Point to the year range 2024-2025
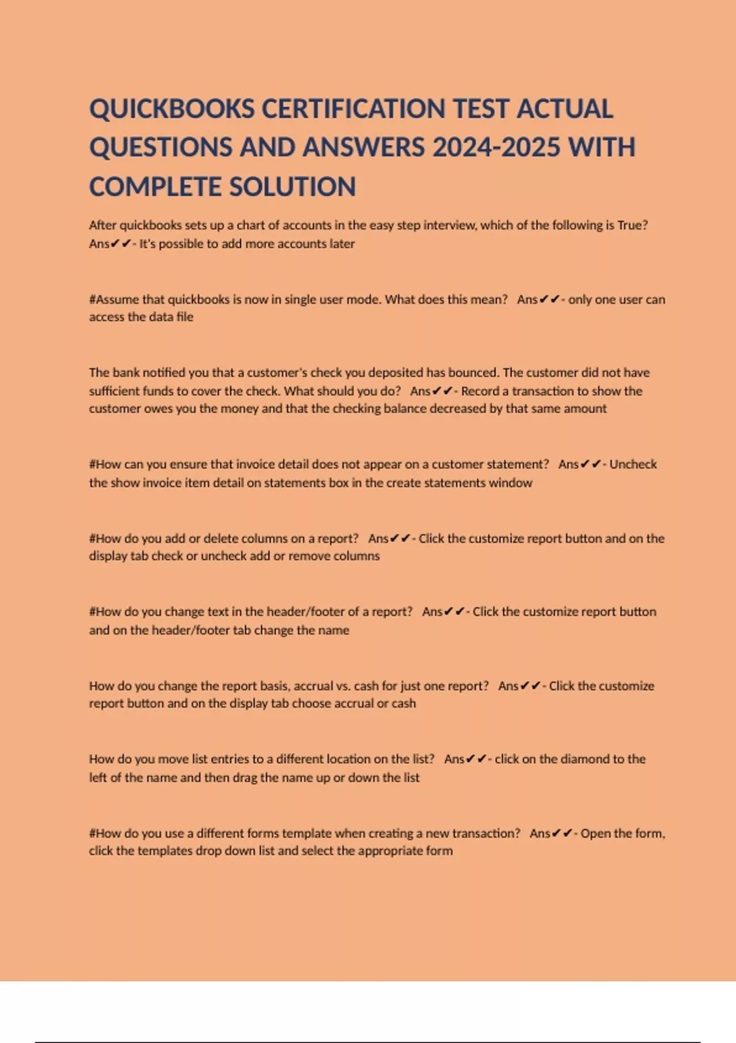[496, 148]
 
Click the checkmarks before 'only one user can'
[550, 299]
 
